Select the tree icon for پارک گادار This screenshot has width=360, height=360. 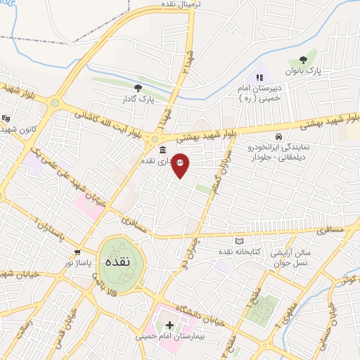pos(138,87)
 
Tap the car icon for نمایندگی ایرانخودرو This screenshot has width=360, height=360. pos(279,136)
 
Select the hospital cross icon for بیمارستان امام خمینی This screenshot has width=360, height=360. pos(169,325)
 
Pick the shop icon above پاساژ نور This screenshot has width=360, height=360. pos(77,252)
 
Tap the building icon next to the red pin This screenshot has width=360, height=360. pos(163,150)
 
